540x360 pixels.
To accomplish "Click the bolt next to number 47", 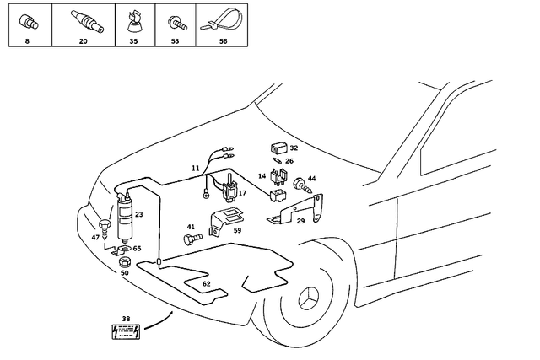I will coord(106,228).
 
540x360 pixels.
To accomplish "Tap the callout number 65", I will coord(137,249).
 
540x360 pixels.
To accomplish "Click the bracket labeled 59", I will coord(226,218).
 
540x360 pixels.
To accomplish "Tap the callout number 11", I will coord(195,169).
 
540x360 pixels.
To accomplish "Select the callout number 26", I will coord(289,161).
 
